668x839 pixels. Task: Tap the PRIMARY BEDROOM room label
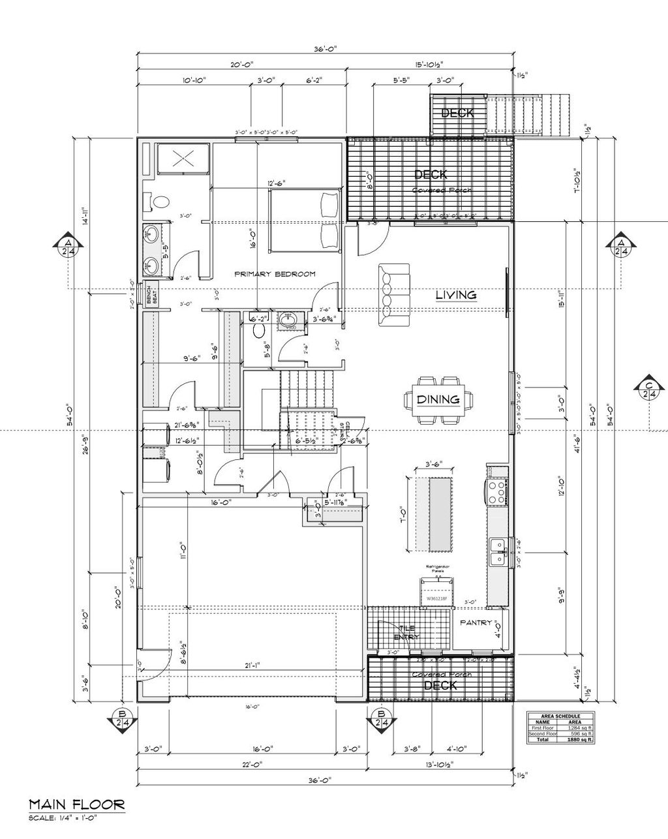[275, 274]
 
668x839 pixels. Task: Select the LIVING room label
[456, 296]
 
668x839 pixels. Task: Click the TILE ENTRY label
[406, 632]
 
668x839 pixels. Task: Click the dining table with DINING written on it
[438, 399]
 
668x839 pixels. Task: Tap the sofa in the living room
[394, 295]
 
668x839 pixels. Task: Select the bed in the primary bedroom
[305, 219]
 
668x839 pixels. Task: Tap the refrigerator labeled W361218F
[438, 592]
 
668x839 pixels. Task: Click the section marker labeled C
[649, 389]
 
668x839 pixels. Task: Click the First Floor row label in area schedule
[543, 728]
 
